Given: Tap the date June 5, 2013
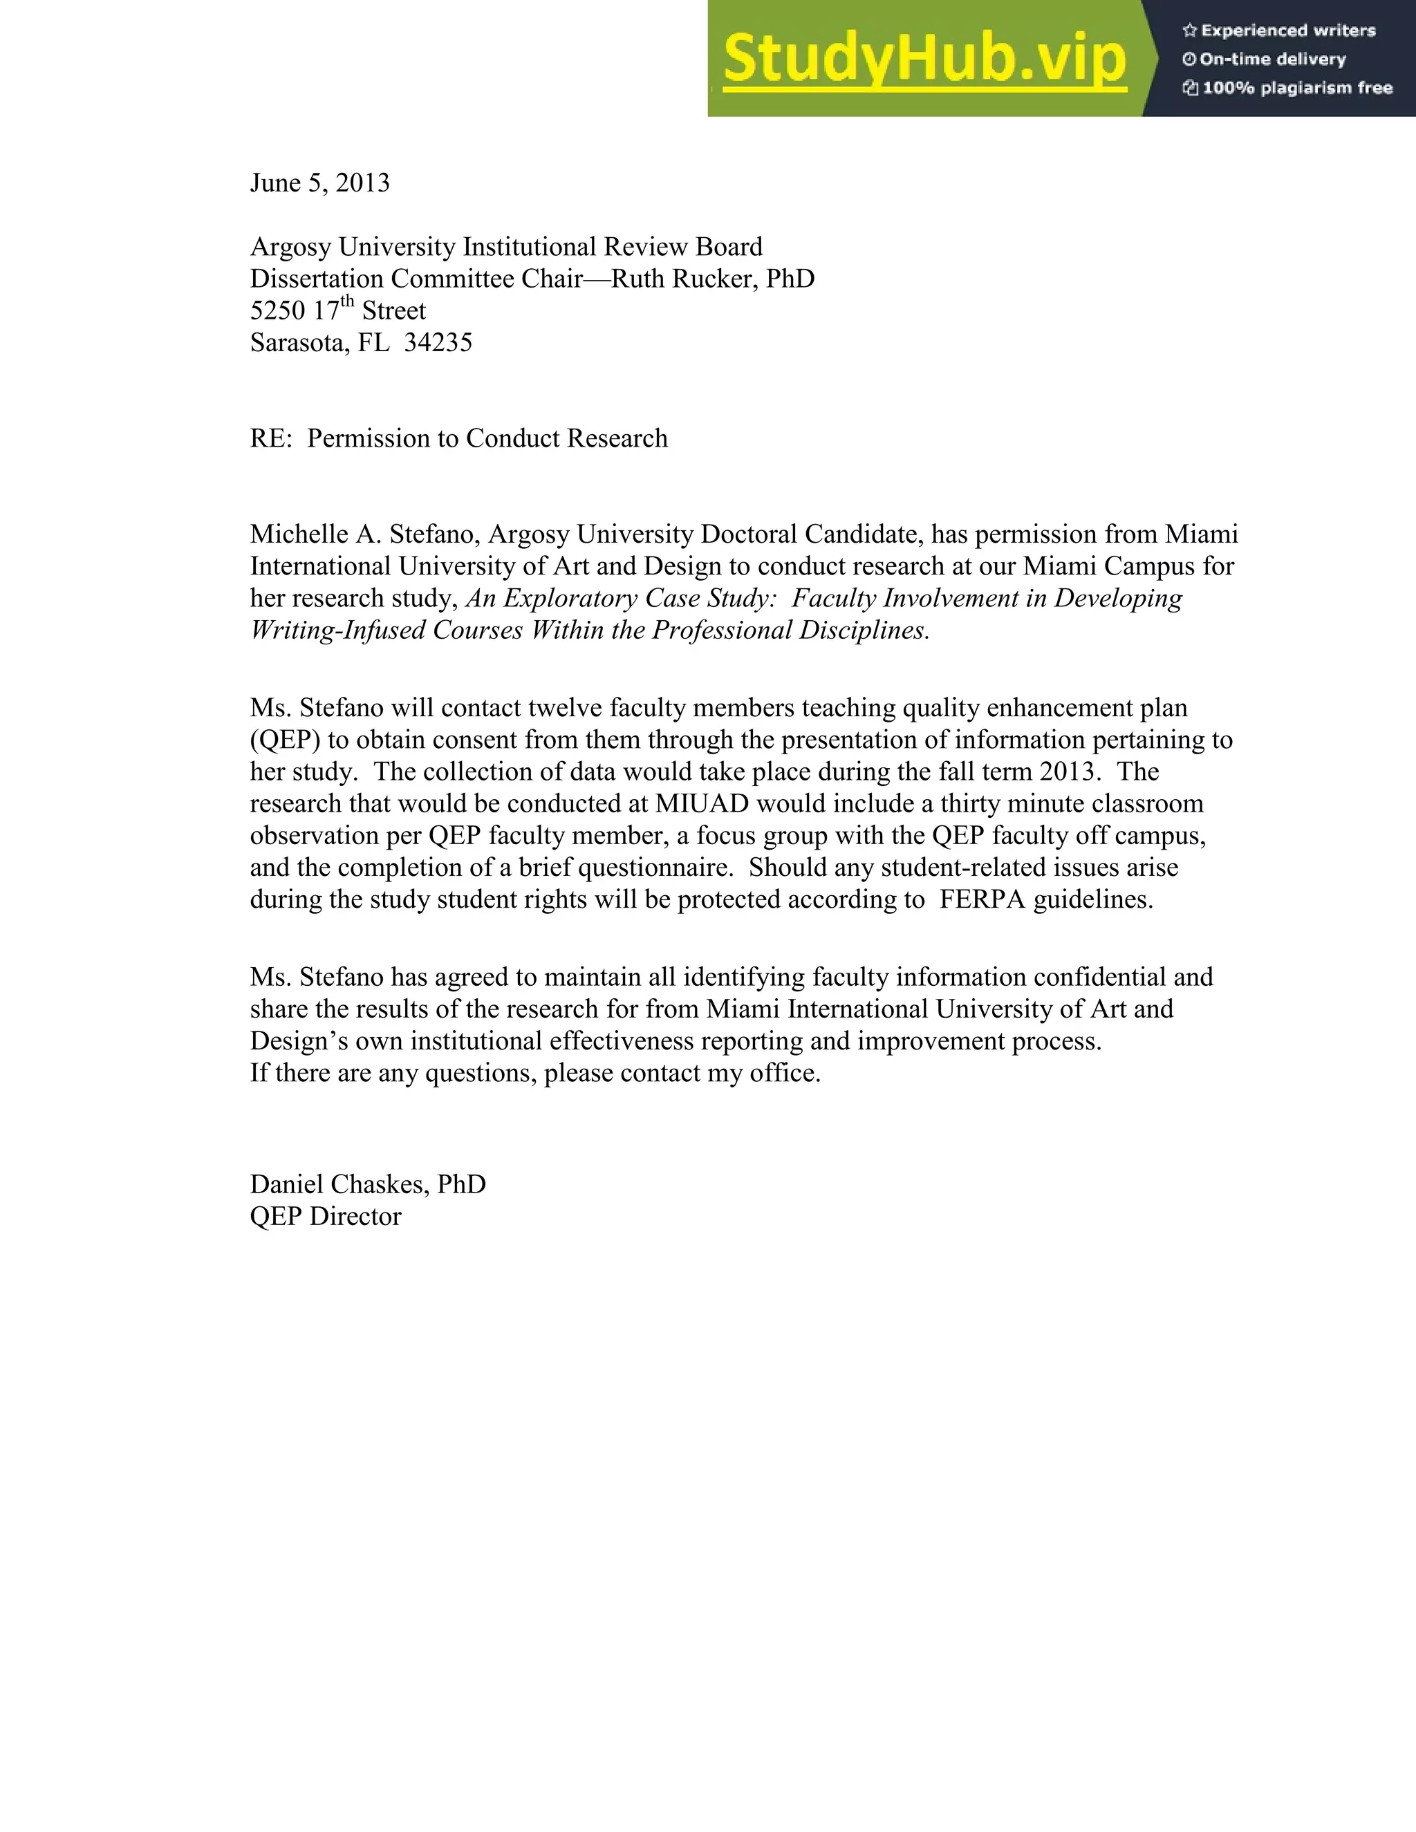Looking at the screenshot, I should pos(319,183).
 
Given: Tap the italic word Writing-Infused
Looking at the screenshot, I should pos(338,630).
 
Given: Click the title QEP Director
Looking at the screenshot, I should pos(326,1216).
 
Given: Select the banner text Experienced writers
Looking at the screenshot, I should pos(1287,31).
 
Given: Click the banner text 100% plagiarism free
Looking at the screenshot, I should pos(1297,88).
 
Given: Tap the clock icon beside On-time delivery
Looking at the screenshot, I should pos(1189,59).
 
